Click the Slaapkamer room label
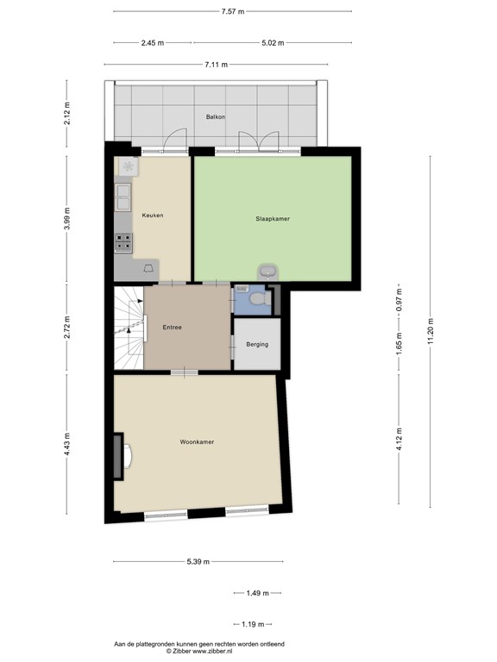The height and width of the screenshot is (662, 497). [273, 219]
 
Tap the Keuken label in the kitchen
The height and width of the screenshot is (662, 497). [153, 215]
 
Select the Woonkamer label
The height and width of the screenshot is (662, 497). [197, 442]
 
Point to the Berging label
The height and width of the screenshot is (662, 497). [257, 345]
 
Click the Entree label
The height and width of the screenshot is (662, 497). [173, 328]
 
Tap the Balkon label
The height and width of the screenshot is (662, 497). [216, 116]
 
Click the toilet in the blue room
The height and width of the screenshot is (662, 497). [261, 299]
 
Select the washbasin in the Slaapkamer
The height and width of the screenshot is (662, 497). [267, 272]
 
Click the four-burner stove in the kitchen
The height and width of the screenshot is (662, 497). [123, 242]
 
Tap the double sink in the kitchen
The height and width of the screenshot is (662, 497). [123, 197]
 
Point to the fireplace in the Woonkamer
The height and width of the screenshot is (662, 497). [123, 456]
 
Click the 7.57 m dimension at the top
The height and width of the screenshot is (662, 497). [233, 11]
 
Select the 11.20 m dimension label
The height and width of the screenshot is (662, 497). [431, 331]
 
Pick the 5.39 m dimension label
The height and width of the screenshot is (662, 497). [198, 561]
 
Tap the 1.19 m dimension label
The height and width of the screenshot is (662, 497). [253, 624]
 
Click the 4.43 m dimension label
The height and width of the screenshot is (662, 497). [66, 444]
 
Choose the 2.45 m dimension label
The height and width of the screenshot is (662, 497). [153, 42]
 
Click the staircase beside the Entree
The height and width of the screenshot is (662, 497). [129, 328]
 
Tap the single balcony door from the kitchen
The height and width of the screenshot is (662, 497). [175, 141]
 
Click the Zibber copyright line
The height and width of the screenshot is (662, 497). [199, 651]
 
